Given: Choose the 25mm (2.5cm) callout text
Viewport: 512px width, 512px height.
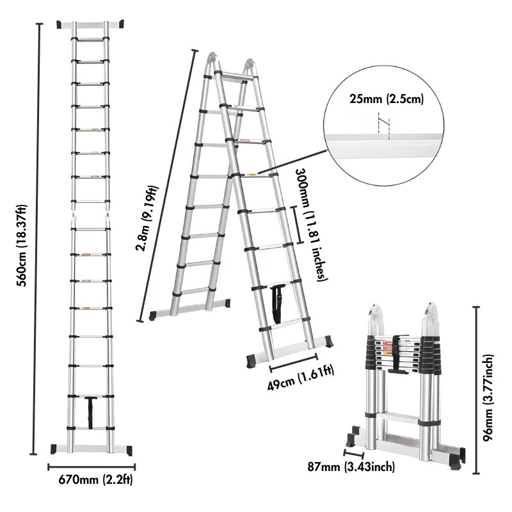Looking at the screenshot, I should point(387,99).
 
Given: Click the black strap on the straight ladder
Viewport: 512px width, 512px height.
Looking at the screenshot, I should point(91,413).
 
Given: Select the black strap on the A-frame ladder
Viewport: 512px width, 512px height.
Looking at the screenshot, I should point(280,305).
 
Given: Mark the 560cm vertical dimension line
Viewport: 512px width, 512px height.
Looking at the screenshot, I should point(40,237).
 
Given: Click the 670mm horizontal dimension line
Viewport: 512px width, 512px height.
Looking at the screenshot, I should point(92,467).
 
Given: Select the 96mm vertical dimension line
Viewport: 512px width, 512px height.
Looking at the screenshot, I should point(476,390).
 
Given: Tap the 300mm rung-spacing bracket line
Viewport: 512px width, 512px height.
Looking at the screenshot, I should point(296,225).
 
